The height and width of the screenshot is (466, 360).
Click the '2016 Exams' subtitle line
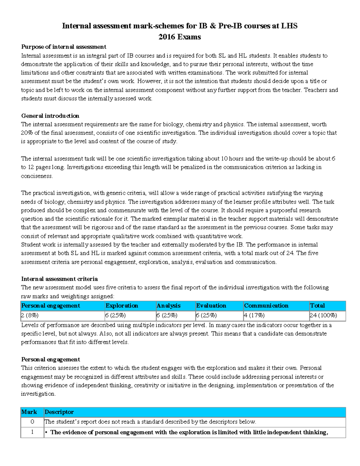(x=179, y=37)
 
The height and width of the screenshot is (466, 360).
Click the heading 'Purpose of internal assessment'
(x=64, y=47)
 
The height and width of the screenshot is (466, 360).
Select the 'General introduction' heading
(x=50, y=116)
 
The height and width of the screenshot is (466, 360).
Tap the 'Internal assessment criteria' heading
(x=59, y=279)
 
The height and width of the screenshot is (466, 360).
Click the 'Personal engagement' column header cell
(x=50, y=306)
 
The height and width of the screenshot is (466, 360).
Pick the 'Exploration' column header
(x=122, y=306)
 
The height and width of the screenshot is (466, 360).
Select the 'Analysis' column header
(x=169, y=306)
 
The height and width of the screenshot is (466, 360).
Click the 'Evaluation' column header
(x=211, y=306)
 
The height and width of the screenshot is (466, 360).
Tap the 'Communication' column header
(x=266, y=306)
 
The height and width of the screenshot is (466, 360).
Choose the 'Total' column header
(x=317, y=306)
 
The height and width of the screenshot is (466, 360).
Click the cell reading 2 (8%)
(x=30, y=315)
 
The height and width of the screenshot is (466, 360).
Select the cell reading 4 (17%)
(x=254, y=315)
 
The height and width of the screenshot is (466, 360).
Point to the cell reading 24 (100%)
(x=323, y=315)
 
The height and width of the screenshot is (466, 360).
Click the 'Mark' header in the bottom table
(x=29, y=412)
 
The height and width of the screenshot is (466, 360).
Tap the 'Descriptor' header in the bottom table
(x=59, y=412)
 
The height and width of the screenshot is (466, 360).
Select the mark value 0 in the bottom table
(x=32, y=422)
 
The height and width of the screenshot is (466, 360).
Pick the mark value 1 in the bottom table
(x=32, y=432)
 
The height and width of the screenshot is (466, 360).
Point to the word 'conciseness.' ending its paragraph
(x=37, y=176)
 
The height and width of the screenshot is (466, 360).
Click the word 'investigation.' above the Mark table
(x=38, y=394)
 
